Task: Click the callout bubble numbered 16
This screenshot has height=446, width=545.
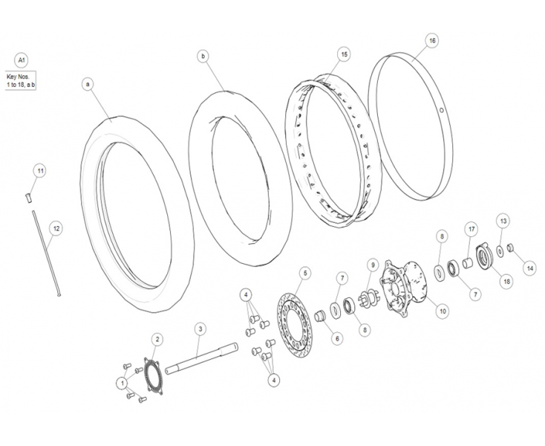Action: [x=433, y=40]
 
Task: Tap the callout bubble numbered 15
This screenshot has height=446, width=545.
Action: [x=343, y=54]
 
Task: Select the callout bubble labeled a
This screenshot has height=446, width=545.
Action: [x=88, y=85]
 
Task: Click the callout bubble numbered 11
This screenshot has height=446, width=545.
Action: [x=41, y=170]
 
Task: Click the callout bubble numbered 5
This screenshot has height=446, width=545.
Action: [x=304, y=273]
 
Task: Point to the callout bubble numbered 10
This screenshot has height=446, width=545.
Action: [x=442, y=311]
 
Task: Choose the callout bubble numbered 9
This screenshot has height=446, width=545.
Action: [x=373, y=263]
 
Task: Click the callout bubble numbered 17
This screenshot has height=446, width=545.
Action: [x=471, y=227]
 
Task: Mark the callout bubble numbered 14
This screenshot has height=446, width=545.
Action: [x=529, y=268]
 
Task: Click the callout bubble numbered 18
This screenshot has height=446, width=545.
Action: [x=508, y=280]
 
